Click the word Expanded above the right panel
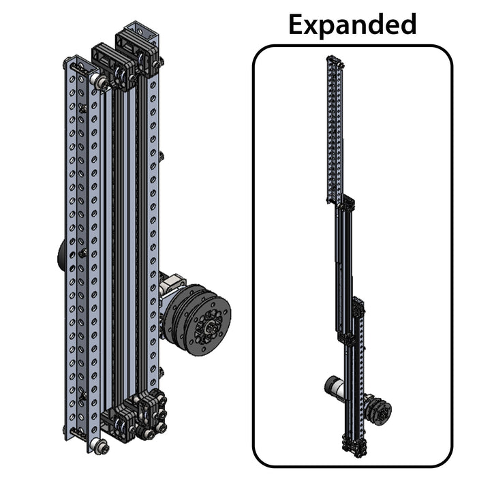352,25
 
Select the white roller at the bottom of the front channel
99,446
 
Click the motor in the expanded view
335,389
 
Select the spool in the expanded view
379,412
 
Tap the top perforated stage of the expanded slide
335,129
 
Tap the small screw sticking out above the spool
162,156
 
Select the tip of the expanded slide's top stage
335,59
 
